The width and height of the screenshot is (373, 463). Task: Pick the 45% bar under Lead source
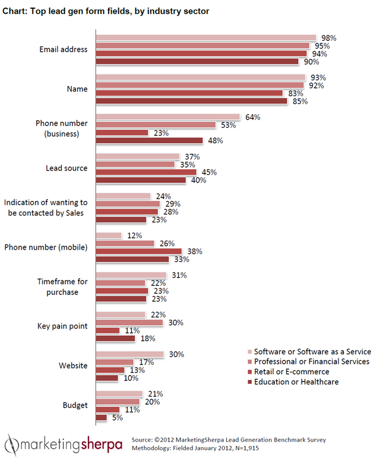(146, 172)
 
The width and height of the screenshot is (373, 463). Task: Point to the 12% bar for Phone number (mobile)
(108, 235)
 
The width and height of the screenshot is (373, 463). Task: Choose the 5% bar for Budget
(101, 418)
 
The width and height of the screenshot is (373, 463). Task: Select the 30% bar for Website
(129, 354)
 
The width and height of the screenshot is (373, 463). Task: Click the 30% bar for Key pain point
(129, 323)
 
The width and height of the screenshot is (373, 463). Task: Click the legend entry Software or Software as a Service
(311, 352)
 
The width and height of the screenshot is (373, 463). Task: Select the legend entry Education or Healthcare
(296, 382)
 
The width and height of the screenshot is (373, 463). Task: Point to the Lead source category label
(67, 168)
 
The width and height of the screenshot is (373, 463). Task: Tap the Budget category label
(75, 405)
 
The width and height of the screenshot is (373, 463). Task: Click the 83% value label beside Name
(293, 93)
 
